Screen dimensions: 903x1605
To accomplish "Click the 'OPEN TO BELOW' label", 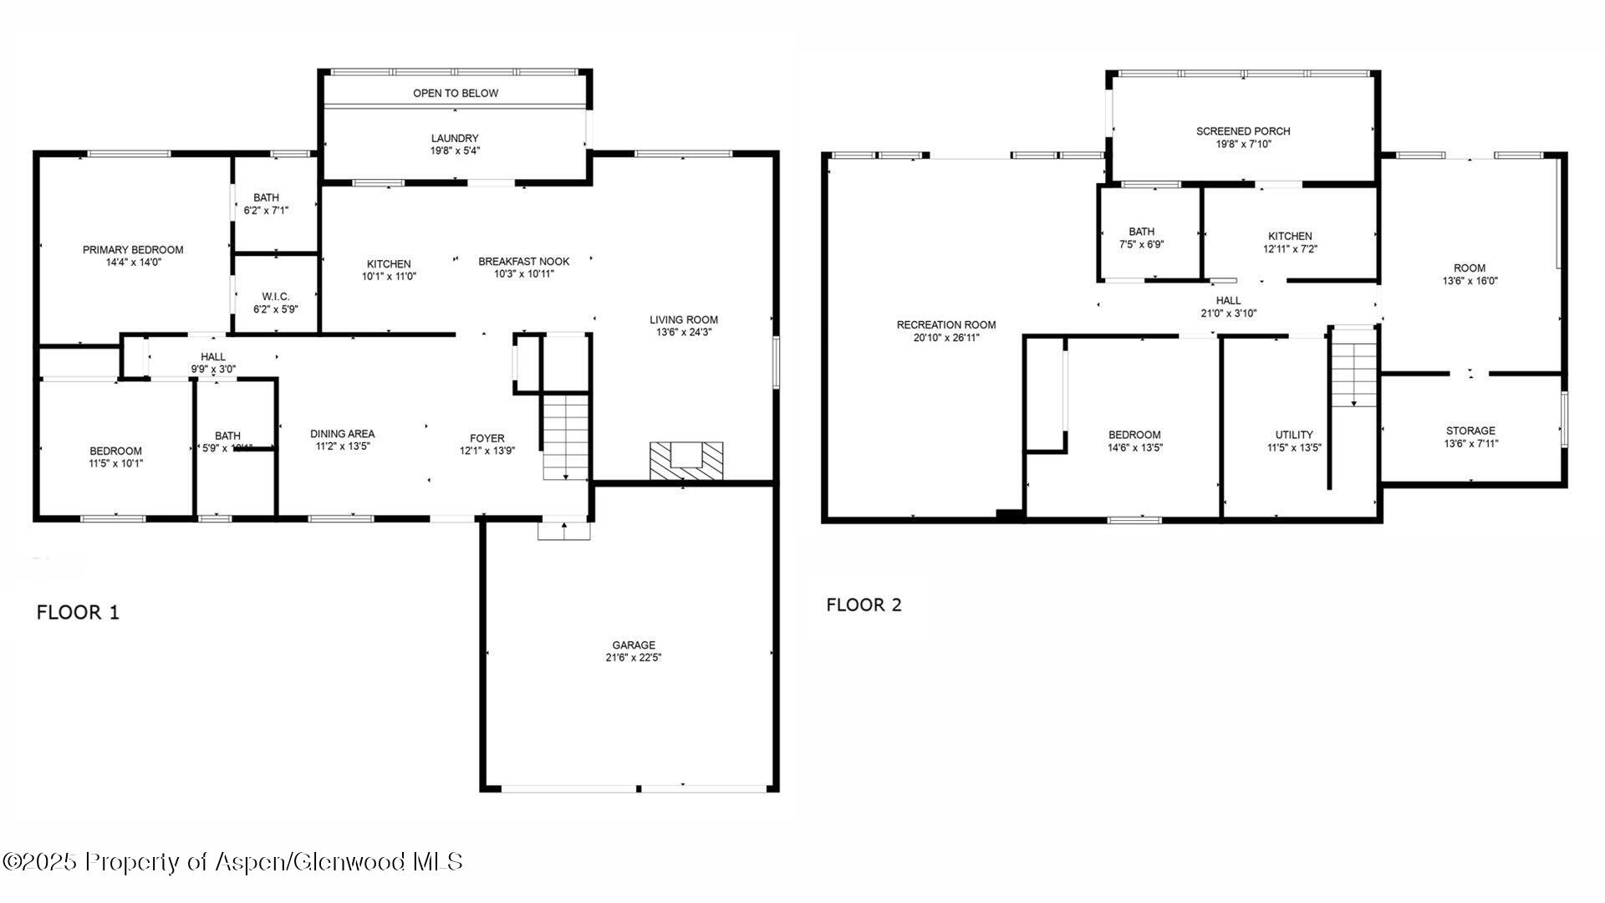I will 456,93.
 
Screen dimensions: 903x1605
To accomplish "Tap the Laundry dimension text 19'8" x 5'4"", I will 455,151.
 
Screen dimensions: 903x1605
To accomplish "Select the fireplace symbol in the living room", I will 686,461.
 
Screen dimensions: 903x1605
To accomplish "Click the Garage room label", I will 634,645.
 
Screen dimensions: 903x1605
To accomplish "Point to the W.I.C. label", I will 275,297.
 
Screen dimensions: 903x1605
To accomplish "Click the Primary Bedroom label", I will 133,249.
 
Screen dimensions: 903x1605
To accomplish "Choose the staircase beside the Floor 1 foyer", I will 567,436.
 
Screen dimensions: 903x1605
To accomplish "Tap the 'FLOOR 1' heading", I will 78,612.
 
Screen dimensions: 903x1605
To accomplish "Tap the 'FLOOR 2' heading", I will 864,605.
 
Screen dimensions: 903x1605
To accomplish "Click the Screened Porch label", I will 1243,131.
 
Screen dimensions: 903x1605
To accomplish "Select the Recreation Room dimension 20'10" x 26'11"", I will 946,338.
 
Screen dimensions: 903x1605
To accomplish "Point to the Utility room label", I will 1293,435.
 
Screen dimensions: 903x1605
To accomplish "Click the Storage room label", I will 1470,431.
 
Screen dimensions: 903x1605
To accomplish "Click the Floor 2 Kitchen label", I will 1290,236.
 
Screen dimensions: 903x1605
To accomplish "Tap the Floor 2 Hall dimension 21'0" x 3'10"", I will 1228,314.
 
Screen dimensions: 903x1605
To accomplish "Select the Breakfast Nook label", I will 523,261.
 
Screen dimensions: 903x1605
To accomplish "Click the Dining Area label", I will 342,433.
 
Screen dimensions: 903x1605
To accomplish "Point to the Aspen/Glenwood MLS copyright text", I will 232,862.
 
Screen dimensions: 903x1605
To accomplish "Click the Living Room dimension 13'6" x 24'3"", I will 684,332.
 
